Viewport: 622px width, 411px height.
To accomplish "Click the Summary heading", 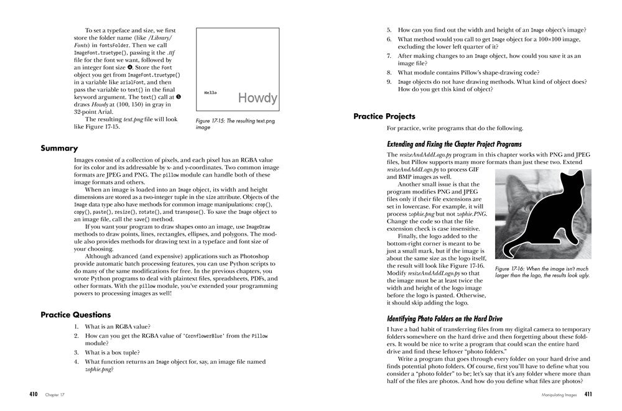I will (59, 149).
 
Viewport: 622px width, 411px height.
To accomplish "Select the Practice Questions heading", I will (75, 315).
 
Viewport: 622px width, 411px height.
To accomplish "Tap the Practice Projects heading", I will (384, 116).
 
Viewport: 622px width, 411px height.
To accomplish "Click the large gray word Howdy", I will (258, 98).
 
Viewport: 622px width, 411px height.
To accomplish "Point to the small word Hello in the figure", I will (211, 92).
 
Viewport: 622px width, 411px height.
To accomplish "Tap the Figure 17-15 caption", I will (234, 123).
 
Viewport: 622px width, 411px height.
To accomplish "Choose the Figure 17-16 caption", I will (541, 272).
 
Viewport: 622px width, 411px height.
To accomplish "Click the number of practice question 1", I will (77, 327).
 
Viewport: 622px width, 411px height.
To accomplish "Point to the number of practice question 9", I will (389, 81).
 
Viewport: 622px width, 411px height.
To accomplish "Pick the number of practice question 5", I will (389, 30).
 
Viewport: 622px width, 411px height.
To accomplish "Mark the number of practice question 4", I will (77, 361).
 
